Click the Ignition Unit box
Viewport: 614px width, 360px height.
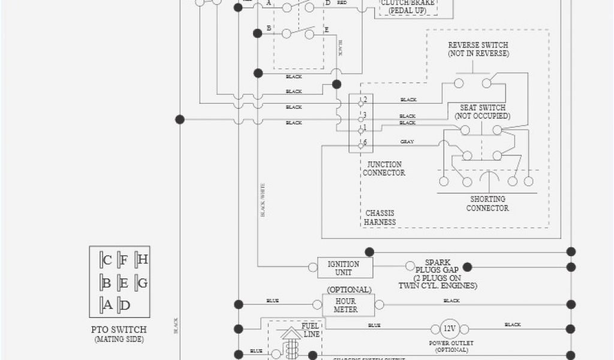tap(344, 268)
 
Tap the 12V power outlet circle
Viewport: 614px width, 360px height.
tap(448, 329)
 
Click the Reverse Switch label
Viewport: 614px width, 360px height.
tap(478, 49)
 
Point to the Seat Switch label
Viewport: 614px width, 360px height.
tap(482, 112)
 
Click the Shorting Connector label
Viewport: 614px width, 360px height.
tap(487, 203)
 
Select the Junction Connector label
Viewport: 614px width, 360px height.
tap(384, 169)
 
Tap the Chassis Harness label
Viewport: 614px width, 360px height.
tap(380, 217)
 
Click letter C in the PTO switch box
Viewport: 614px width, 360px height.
tap(107, 260)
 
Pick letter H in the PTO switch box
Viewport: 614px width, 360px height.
tap(143, 260)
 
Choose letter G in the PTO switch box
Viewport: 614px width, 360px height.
tap(143, 283)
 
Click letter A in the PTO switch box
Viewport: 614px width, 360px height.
tap(108, 305)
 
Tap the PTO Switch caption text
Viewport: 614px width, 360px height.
tap(119, 329)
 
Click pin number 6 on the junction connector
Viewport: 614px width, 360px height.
tap(365, 142)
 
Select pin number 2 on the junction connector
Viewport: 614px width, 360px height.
tap(365, 99)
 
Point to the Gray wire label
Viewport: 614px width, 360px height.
tap(407, 142)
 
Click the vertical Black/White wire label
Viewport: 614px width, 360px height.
tap(263, 200)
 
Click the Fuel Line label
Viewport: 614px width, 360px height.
tap(310, 329)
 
